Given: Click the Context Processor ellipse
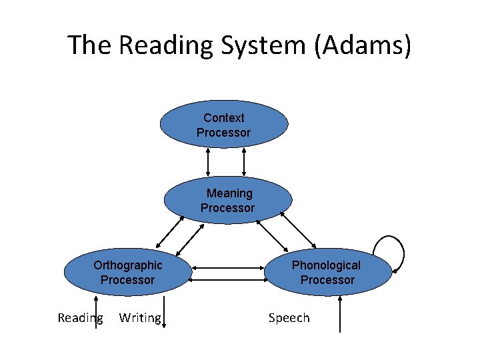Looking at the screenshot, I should [x=224, y=125].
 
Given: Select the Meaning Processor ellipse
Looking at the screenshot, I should [x=228, y=201].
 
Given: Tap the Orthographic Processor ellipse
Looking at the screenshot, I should [x=127, y=273].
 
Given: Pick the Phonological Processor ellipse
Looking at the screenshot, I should [x=327, y=273].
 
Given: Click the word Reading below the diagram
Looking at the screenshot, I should [x=80, y=318].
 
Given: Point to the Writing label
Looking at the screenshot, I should [x=140, y=318].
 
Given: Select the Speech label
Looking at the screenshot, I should [x=289, y=318].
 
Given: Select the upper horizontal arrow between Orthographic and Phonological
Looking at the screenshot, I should [x=229, y=268].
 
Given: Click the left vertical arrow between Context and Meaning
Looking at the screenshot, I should [x=208, y=162].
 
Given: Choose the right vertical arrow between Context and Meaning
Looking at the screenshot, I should [x=244, y=162].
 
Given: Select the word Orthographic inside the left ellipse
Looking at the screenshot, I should [x=127, y=265].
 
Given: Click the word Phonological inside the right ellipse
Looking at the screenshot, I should [x=326, y=265].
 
